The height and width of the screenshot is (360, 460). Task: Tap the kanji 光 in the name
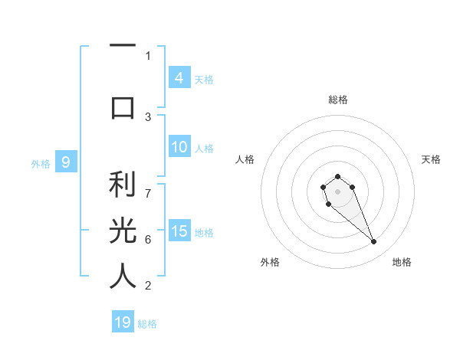click(x=123, y=231)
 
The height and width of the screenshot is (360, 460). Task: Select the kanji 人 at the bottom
click(x=123, y=276)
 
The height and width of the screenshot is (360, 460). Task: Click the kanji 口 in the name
click(x=123, y=107)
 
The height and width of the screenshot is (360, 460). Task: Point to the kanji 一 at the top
click(x=123, y=47)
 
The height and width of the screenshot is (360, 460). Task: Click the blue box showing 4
click(x=179, y=77)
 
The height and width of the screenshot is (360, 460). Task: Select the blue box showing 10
click(x=179, y=147)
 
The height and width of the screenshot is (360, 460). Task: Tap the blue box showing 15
click(x=179, y=231)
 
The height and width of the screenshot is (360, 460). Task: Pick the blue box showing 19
click(x=123, y=322)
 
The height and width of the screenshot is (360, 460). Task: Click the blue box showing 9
click(x=66, y=162)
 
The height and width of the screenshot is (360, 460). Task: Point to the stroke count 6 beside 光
click(x=148, y=240)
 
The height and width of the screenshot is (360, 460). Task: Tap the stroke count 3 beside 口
click(x=148, y=116)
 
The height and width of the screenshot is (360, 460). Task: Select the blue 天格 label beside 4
click(x=204, y=79)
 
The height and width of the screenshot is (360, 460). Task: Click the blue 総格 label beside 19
click(x=147, y=324)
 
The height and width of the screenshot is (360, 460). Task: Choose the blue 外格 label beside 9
click(x=40, y=163)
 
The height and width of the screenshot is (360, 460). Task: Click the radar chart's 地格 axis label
click(x=402, y=262)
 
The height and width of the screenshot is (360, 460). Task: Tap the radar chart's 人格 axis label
click(x=245, y=159)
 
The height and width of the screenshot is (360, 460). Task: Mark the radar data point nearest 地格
click(x=374, y=242)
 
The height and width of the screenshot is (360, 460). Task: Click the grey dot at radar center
click(x=337, y=191)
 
